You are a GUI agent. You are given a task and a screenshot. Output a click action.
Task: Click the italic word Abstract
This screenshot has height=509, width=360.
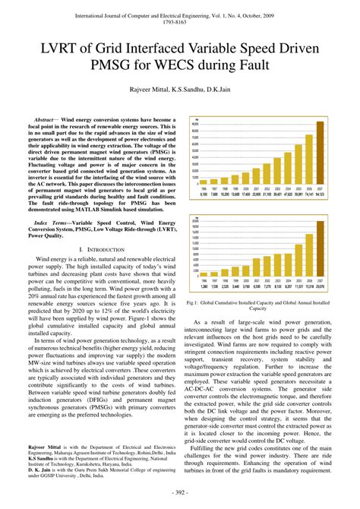point(43,120)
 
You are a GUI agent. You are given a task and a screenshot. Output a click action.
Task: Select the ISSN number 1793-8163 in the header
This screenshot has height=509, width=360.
point(180,22)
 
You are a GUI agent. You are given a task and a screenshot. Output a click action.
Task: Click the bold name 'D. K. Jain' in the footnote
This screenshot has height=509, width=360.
point(41,469)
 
